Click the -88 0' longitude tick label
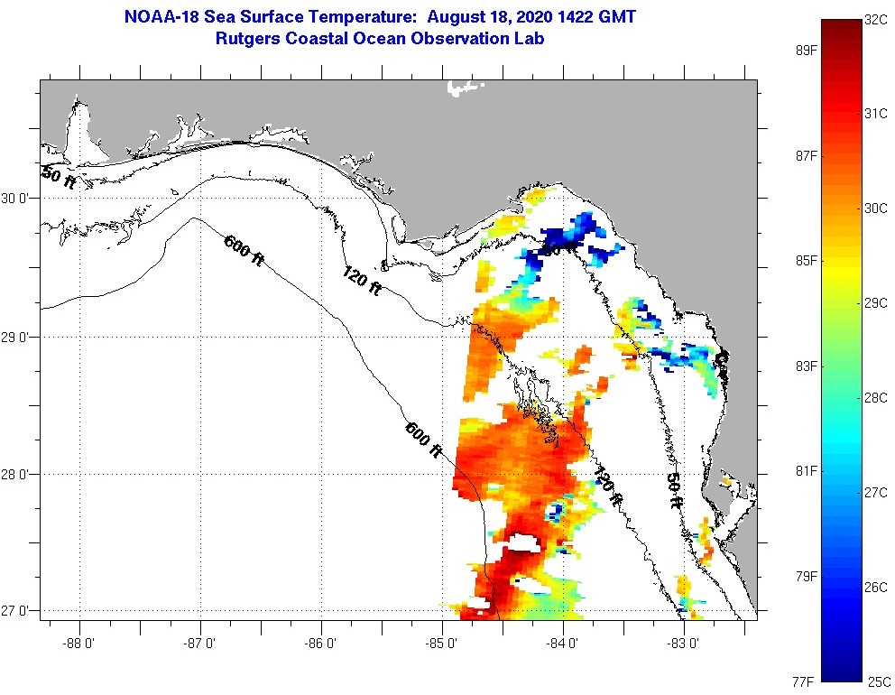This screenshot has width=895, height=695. [79, 644]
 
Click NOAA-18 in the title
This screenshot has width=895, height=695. [155, 17]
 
